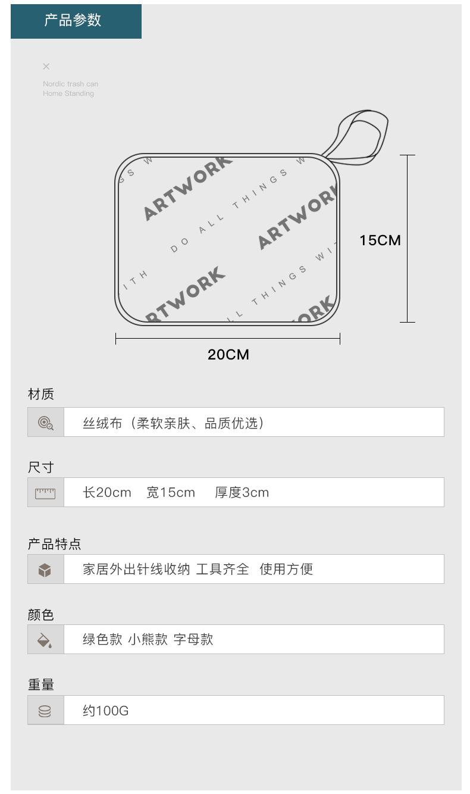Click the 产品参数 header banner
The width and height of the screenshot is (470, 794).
click(x=76, y=21)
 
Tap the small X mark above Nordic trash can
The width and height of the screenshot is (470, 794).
click(x=46, y=67)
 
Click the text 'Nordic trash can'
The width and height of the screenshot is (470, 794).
click(x=70, y=84)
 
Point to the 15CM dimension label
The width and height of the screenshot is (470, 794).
click(x=380, y=240)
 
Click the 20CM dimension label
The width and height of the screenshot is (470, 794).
click(x=228, y=355)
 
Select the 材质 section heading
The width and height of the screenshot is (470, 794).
click(x=41, y=394)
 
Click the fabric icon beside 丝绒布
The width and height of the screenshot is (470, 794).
click(x=45, y=423)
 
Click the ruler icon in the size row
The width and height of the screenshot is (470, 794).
click(x=45, y=493)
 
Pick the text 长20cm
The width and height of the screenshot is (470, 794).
click(x=107, y=493)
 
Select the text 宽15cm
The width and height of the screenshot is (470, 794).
click(x=171, y=493)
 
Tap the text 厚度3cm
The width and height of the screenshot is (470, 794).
click(x=242, y=493)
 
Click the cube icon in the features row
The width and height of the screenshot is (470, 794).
click(x=45, y=570)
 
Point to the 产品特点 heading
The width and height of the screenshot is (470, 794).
click(x=54, y=544)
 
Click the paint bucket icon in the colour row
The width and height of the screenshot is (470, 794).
click(x=45, y=640)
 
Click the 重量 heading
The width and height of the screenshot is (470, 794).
click(x=41, y=685)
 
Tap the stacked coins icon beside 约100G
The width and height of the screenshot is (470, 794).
click(x=45, y=711)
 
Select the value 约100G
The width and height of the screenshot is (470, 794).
click(x=105, y=711)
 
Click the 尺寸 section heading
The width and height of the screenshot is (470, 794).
click(x=41, y=467)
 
